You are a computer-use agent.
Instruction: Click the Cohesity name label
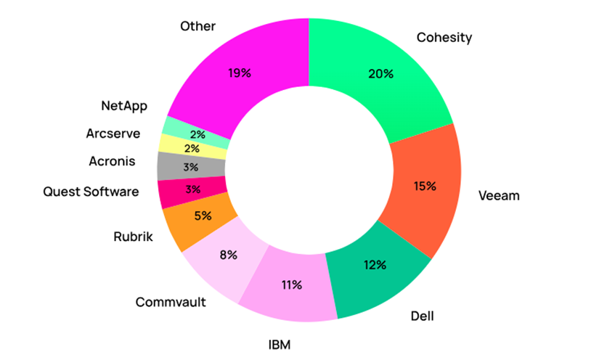444,38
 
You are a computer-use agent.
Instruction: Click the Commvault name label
171,301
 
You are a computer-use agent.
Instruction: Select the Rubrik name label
134,237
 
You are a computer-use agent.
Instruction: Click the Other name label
197,26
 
